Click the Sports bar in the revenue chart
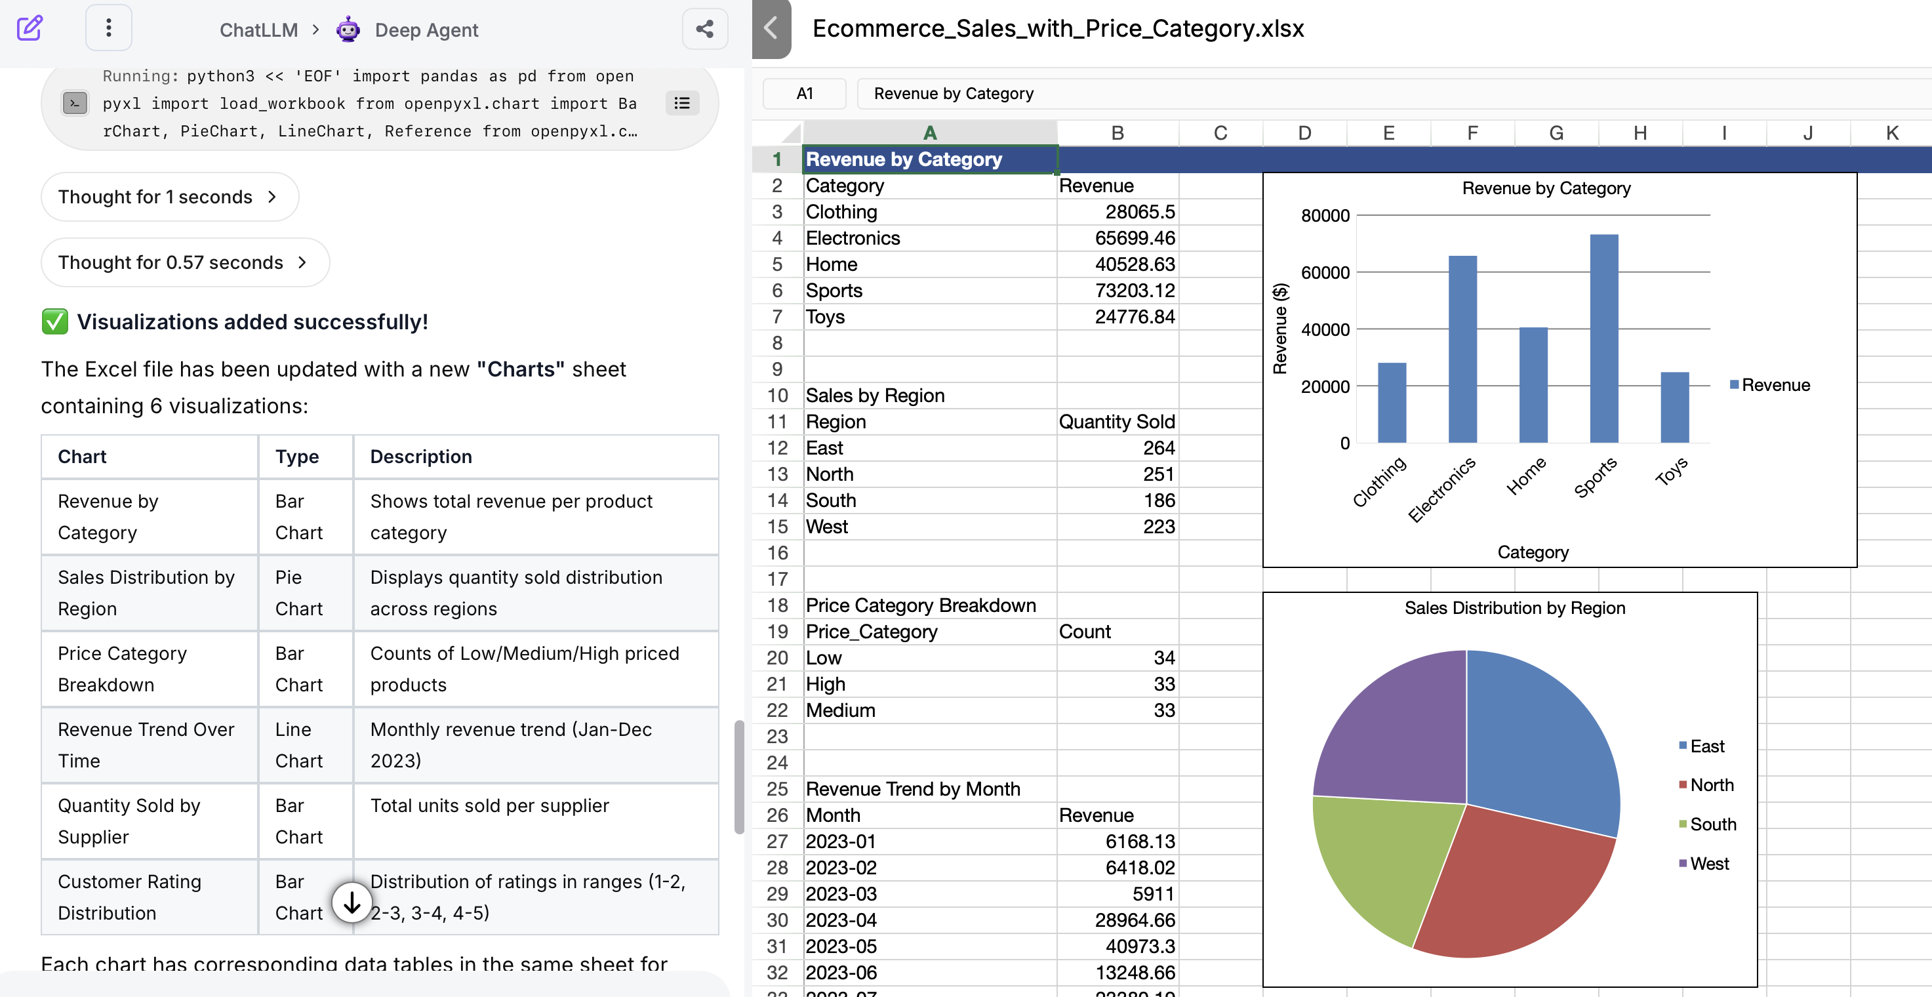pyautogui.click(x=1603, y=339)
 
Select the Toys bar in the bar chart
pyautogui.click(x=1674, y=407)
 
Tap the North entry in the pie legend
pyautogui.click(x=1711, y=784)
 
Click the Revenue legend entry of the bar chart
pyautogui.click(x=1774, y=385)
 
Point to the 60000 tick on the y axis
pyautogui.click(x=1325, y=272)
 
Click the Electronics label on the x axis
pyautogui.click(x=1441, y=489)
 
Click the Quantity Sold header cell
pyautogui.click(x=1117, y=422)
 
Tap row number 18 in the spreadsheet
pyautogui.click(x=777, y=605)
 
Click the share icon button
pyautogui.click(x=704, y=30)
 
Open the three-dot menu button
pyautogui.click(x=109, y=28)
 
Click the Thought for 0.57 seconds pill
pyautogui.click(x=184, y=262)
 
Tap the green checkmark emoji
pyautogui.click(x=54, y=322)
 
